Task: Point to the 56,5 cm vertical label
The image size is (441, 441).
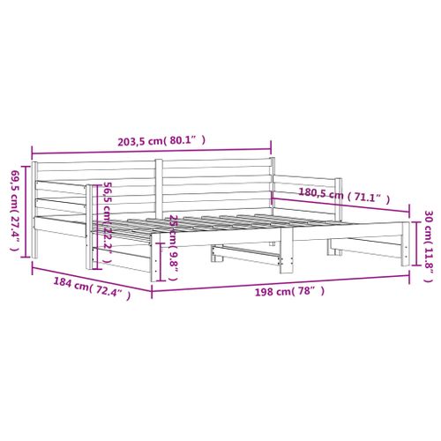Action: [x=107, y=203]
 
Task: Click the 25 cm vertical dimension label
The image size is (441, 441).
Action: [x=175, y=231]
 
